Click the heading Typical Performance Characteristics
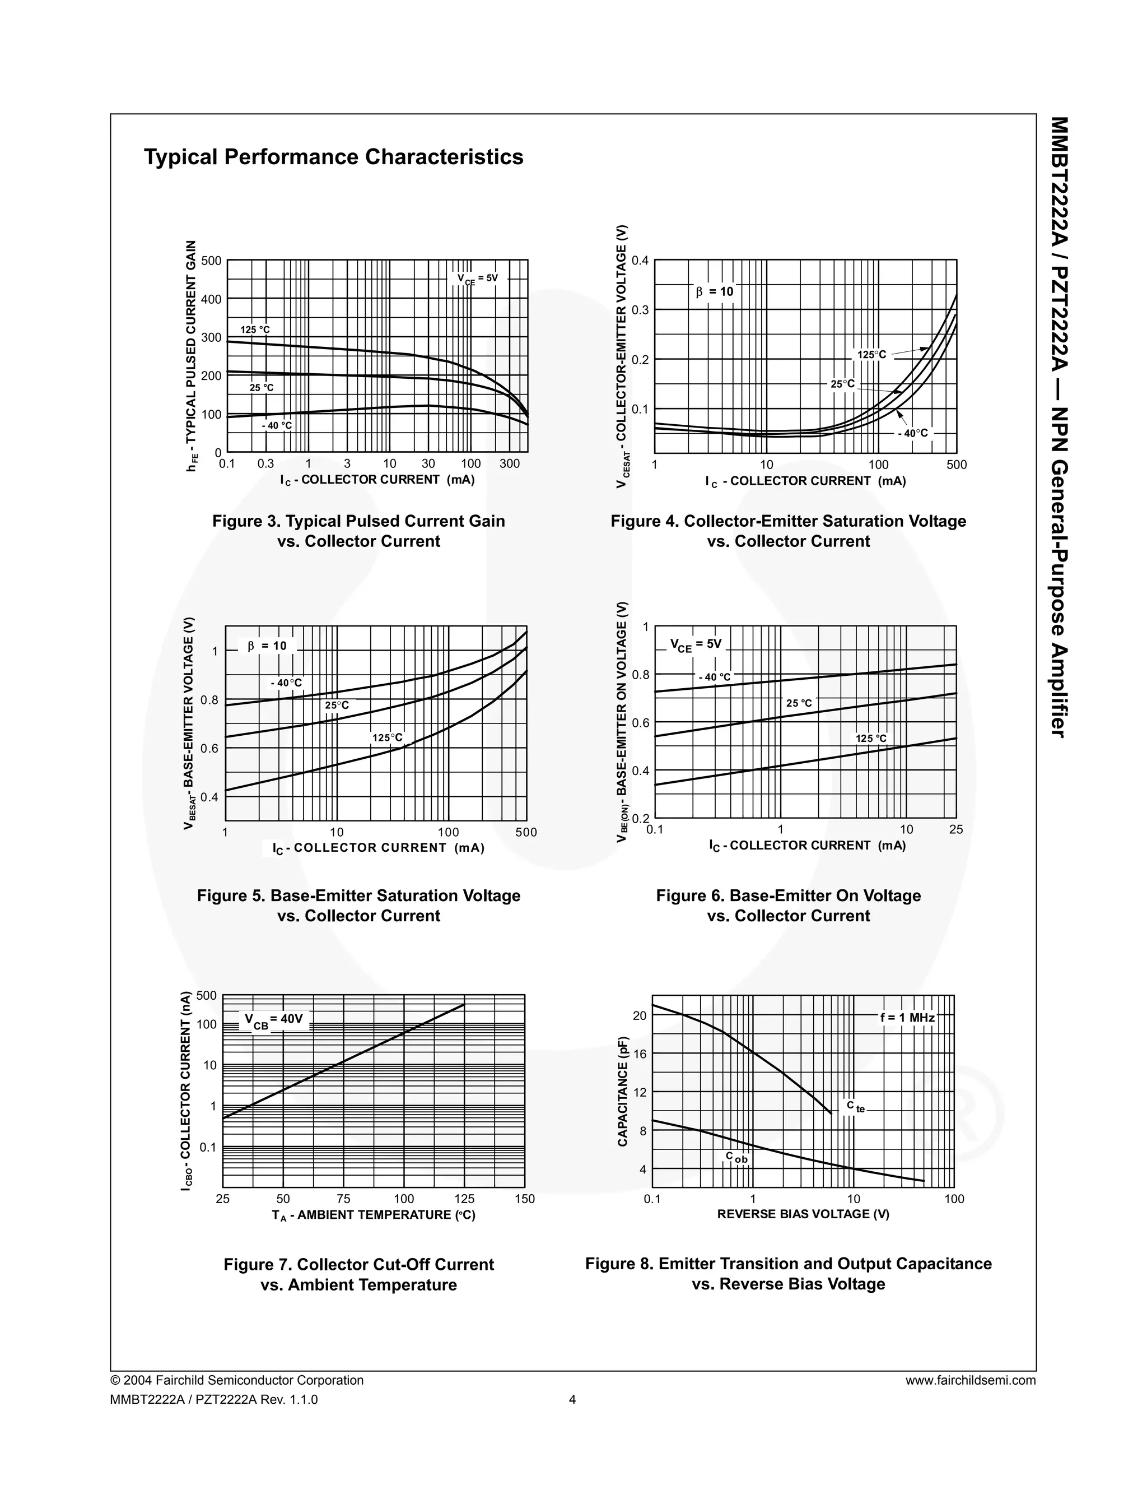pos(334,157)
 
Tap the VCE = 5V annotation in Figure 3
pos(477,279)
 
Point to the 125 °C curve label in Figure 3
pos(255,330)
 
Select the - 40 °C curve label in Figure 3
pos(277,426)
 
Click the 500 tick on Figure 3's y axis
pos(211,261)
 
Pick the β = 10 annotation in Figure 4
pos(714,292)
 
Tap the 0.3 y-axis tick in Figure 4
pos(640,310)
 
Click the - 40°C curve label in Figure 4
pos(912,433)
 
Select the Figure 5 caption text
pos(359,906)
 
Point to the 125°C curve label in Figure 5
pos(388,738)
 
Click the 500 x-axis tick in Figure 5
pos(526,832)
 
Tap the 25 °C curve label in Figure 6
pos(799,703)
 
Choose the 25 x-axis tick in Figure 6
pos(956,829)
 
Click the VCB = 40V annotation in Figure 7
pos(273,1020)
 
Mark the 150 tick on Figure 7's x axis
pos(525,1199)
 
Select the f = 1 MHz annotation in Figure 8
pos(908,1018)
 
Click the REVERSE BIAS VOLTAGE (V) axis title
pos(803,1214)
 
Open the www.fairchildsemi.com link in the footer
pos(971,1380)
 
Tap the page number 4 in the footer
pos(572,1399)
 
